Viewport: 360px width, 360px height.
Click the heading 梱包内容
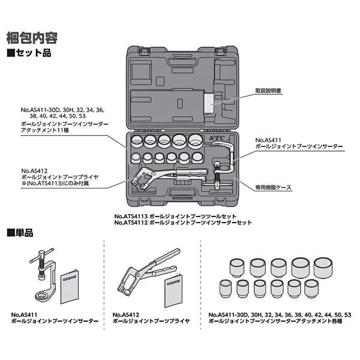click(x=32, y=38)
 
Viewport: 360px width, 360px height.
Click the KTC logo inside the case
click(x=215, y=137)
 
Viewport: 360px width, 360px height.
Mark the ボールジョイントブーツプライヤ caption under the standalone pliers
click(x=151, y=321)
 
